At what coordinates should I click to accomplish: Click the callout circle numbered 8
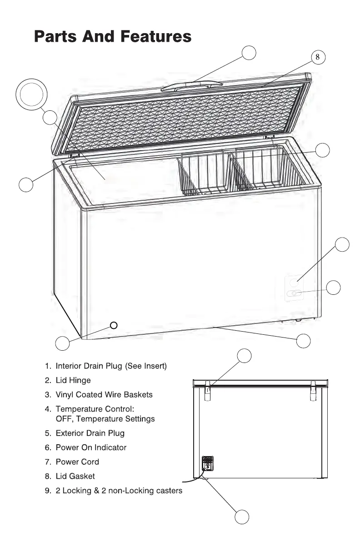tap(318, 57)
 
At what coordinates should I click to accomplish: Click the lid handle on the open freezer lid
tap(194, 85)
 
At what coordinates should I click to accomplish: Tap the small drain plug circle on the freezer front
tap(114, 325)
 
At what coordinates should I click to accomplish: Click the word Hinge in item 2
tap(80, 380)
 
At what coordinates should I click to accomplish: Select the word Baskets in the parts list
tap(139, 395)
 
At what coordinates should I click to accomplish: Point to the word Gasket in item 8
tap(82, 476)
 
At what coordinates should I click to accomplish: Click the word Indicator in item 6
tap(110, 447)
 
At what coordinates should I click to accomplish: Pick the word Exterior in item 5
tap(70, 433)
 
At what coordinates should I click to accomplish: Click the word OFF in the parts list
tap(64, 418)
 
